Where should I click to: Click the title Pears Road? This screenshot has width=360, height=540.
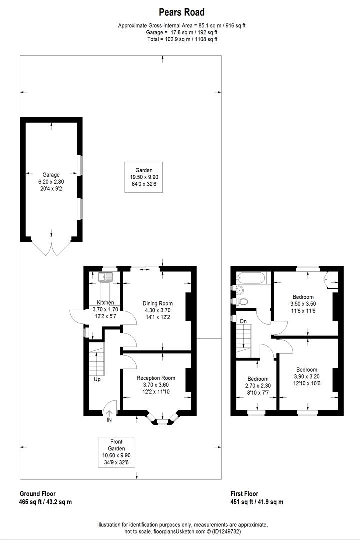point(181,12)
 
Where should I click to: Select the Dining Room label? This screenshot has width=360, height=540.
point(157,310)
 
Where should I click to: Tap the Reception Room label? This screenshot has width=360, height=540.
point(156,385)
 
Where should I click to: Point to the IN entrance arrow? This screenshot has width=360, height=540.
point(109,414)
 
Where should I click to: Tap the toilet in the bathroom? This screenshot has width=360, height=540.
point(243,302)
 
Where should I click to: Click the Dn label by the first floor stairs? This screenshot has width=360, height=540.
point(243,320)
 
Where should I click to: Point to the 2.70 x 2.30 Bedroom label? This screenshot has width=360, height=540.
point(258,385)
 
